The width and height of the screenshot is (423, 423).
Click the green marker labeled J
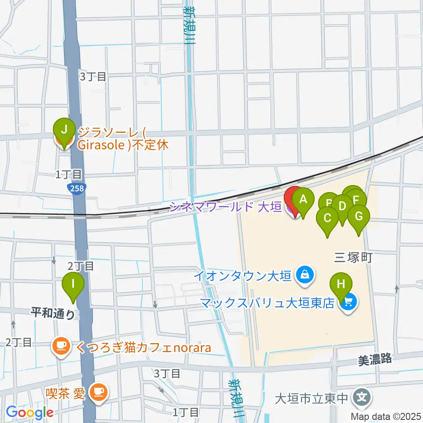(64, 130)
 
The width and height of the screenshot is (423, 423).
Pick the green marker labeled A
(303, 200)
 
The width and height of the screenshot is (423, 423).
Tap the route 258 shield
(77, 189)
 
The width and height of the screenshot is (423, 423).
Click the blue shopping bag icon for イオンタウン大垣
(304, 276)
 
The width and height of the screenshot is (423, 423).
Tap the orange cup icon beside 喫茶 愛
(97, 391)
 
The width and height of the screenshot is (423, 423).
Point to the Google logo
(30, 413)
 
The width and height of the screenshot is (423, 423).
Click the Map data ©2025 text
(385, 416)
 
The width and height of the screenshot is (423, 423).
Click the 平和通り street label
(52, 314)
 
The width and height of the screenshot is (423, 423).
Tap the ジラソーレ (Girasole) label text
(123, 138)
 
